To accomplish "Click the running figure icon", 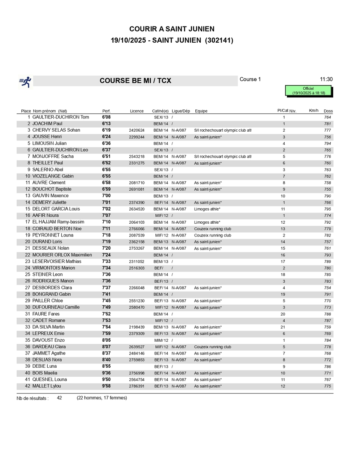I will (25, 81).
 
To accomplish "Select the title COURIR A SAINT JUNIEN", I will (172, 29).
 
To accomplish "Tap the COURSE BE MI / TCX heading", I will (135, 81).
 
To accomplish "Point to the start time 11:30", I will (326, 79).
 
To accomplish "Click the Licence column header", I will (137, 111).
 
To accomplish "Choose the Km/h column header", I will (313, 111).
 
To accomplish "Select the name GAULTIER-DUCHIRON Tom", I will (61, 117).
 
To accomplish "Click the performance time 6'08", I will (106, 117).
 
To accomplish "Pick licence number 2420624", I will (137, 130).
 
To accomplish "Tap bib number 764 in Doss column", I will (327, 117).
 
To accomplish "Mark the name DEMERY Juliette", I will (49, 202).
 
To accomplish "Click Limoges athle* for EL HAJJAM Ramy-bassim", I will (207, 222).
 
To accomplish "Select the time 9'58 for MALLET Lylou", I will (106, 386).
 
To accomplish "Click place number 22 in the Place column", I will (28, 255).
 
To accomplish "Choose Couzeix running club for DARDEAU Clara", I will (212, 347).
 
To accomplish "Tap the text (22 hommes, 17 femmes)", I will (102, 398).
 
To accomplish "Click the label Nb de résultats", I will (33, 398).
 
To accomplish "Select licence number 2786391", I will (137, 386).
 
